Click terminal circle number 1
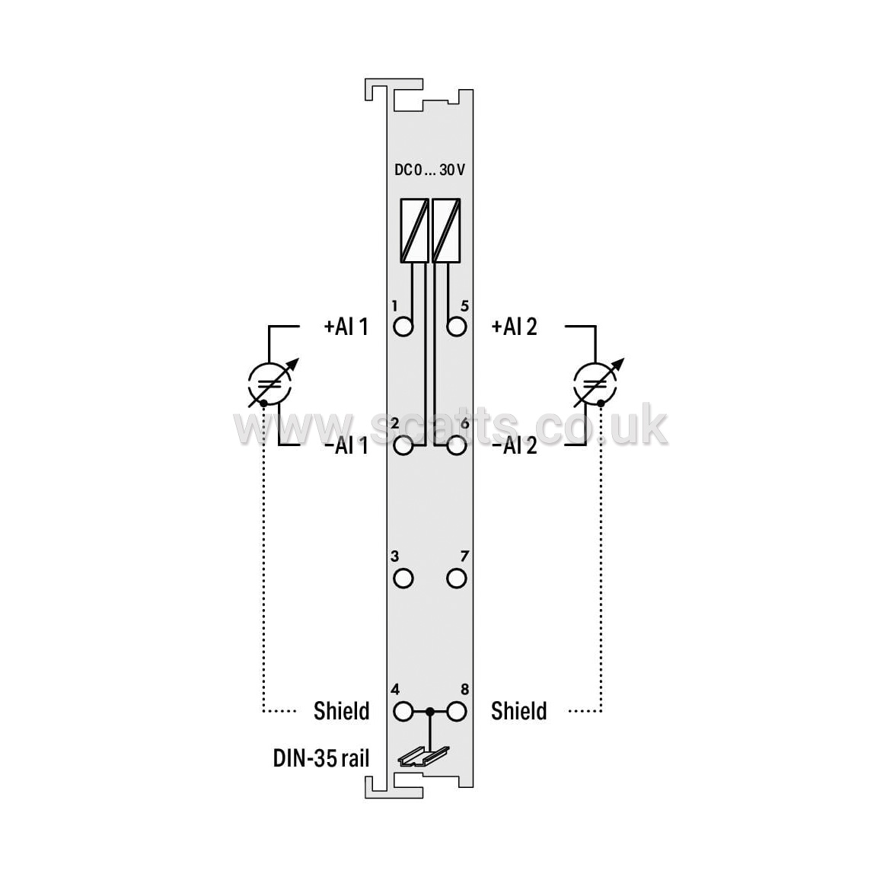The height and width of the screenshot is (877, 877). pos(403,327)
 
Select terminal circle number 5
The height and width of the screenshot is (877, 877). pos(457,327)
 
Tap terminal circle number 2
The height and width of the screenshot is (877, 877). pos(403,446)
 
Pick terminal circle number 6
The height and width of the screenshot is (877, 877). pos(457,446)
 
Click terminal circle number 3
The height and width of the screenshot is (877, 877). pos(403,579)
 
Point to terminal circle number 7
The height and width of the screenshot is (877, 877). pos(457,579)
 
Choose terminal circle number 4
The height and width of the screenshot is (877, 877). pos(403,712)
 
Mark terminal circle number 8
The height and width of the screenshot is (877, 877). pos(457,712)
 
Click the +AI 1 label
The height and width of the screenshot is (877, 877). pos(346,327)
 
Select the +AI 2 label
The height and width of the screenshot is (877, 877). pos(514,327)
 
